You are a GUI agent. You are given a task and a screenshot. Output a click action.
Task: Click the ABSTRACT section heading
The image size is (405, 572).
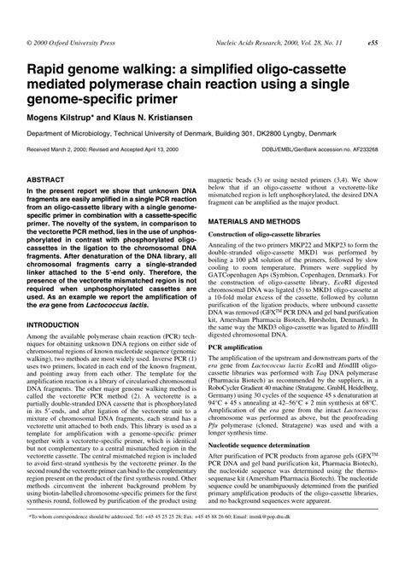(50, 181)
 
